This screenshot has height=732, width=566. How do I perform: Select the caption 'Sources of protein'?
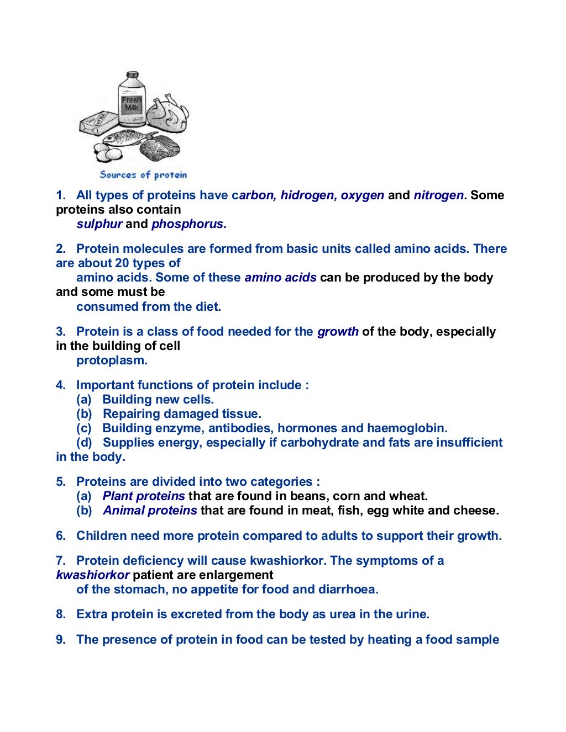click(143, 175)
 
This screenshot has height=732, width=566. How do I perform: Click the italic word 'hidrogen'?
click(306, 195)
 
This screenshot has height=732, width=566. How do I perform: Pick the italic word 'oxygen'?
click(362, 195)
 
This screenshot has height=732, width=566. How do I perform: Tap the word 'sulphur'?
click(99, 224)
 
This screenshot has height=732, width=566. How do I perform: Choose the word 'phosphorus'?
click(188, 224)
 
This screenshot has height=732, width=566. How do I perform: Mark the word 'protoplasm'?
click(112, 360)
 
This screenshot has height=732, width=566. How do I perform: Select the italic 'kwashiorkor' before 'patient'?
click(92, 575)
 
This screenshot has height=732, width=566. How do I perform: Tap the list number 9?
click(60, 639)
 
